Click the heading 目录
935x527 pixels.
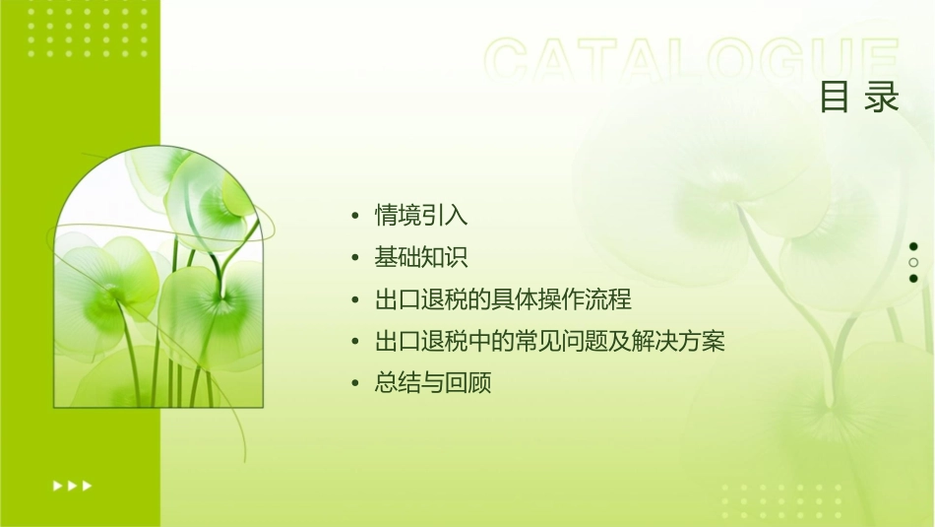[x=859, y=97]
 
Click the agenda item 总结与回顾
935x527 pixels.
[x=433, y=384]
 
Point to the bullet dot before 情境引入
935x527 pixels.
[x=355, y=216]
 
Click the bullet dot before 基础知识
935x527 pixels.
[x=355, y=258]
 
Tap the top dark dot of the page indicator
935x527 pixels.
[x=913, y=246]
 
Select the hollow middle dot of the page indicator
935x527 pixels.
[x=913, y=263]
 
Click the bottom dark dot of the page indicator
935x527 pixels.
[x=913, y=279]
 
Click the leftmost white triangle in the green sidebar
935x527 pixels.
[x=57, y=485]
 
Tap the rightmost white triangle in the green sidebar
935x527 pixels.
[x=88, y=485]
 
